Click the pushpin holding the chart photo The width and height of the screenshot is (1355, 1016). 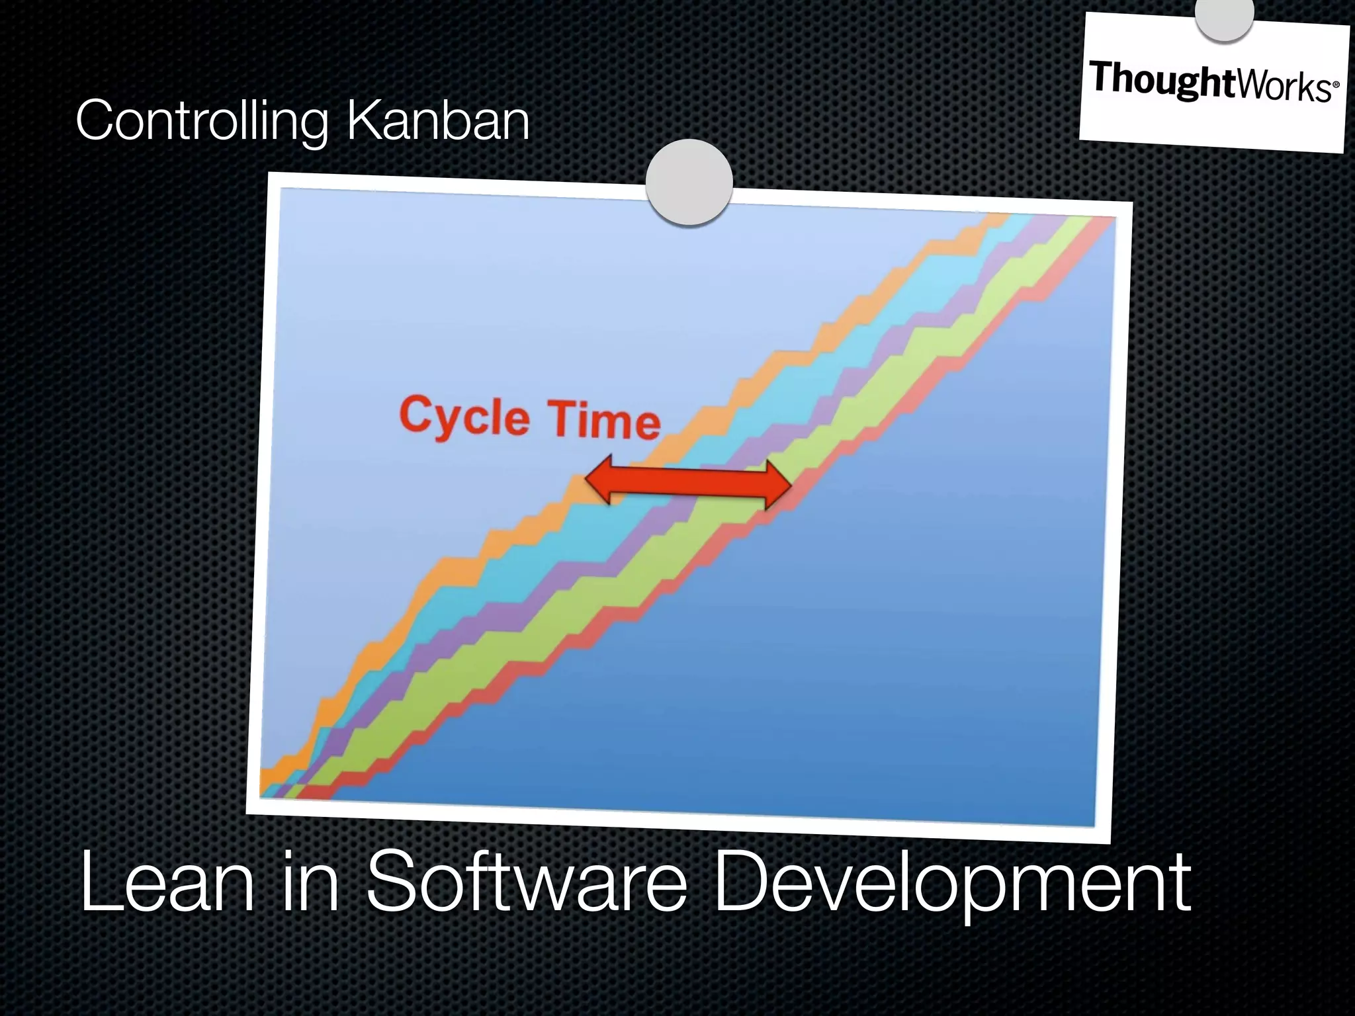689,182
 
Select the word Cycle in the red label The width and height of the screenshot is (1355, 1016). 464,415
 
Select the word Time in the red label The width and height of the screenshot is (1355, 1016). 603,421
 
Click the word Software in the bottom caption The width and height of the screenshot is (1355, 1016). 526,883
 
